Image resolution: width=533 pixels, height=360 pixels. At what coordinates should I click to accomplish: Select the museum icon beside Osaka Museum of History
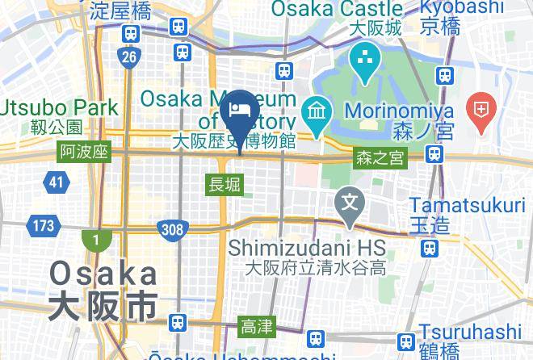coord(314,110)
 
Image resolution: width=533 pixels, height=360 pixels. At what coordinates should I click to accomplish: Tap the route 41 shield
coord(55,182)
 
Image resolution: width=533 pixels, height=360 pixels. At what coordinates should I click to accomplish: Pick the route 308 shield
coord(171,229)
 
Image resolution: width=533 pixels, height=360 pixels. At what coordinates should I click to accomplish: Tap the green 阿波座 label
coord(84,153)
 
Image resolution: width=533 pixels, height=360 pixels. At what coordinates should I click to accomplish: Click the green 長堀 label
coord(224,185)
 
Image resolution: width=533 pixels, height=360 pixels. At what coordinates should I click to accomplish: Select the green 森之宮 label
coord(380,159)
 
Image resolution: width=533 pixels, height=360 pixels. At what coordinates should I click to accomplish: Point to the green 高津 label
coord(258,327)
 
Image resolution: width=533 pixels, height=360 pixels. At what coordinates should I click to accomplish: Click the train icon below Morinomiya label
coord(435,153)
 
